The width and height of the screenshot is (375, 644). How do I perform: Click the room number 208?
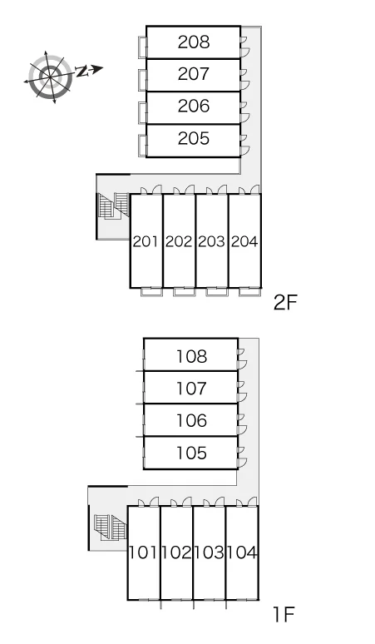click(194, 42)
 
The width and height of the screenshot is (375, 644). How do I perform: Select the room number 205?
click(194, 138)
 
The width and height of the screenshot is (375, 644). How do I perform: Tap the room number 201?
click(146, 241)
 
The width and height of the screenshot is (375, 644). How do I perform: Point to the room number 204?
click(244, 241)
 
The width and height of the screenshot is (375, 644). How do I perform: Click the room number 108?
click(191, 356)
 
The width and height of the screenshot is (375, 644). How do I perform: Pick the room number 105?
click(191, 453)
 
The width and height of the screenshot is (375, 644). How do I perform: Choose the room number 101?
click(144, 552)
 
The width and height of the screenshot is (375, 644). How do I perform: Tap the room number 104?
click(242, 552)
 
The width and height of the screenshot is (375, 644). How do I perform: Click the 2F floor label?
click(285, 303)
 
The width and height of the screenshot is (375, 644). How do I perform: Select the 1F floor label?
click(284, 615)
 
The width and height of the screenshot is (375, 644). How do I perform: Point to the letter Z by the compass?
click(82, 72)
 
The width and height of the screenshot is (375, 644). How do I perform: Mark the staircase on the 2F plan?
click(114, 206)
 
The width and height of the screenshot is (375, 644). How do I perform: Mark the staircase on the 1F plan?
click(111, 528)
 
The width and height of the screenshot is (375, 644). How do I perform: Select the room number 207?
click(194, 74)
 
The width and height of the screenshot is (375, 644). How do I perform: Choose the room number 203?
click(212, 241)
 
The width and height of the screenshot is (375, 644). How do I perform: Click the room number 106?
click(191, 420)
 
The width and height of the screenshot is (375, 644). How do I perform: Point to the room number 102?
click(176, 552)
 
